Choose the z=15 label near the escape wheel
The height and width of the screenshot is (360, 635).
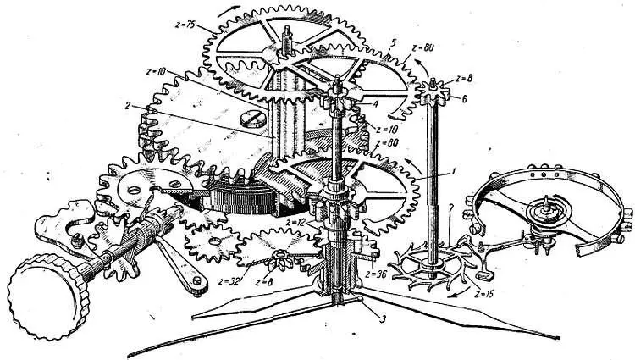pos(485,294)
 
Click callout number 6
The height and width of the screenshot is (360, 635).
pos(463,98)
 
